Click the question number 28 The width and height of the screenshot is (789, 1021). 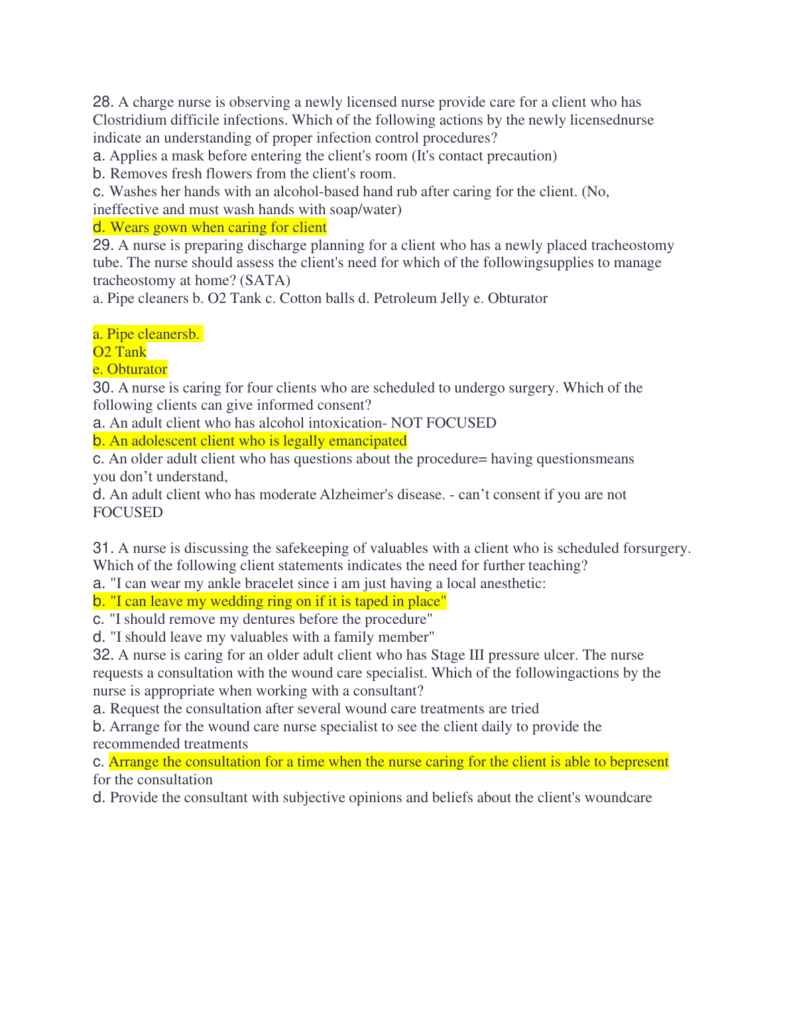103,102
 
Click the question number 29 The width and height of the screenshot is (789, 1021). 103,245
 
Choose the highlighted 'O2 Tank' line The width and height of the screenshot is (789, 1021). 120,352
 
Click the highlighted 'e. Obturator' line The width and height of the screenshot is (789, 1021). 130,369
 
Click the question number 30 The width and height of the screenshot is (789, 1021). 103,388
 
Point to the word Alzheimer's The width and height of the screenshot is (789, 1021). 357,495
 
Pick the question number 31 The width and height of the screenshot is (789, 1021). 103,548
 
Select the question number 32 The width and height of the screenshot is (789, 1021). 103,655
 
